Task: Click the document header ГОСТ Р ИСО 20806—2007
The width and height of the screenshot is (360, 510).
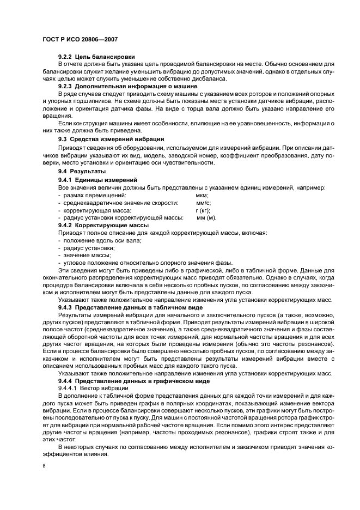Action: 80,40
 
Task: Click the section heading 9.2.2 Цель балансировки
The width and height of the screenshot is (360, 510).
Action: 96,57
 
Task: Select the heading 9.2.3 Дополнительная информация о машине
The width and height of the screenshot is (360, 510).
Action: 127,86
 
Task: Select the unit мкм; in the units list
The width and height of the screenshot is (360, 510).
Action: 202,195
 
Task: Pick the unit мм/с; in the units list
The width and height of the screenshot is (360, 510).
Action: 203,203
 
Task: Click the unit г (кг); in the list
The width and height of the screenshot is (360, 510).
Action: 203,210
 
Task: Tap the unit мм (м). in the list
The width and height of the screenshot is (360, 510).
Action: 206,218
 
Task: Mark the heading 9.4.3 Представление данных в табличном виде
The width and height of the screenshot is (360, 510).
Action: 130,308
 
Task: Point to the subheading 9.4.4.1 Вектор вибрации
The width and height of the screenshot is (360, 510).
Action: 93,388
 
